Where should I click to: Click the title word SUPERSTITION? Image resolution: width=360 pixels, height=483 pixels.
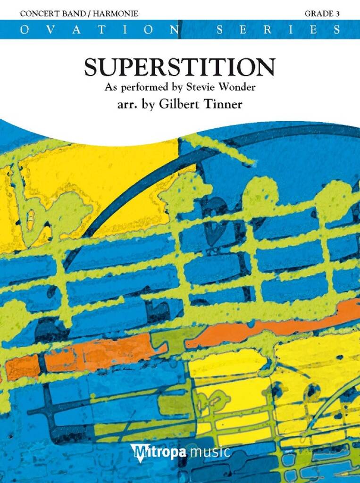point(179,67)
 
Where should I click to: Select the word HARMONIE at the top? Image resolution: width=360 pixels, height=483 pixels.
point(117,14)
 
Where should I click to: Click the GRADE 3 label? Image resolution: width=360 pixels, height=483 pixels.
point(322,14)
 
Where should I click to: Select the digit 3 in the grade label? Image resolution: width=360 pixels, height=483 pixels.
point(338,14)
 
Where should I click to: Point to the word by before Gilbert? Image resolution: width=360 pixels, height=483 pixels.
point(149,104)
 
